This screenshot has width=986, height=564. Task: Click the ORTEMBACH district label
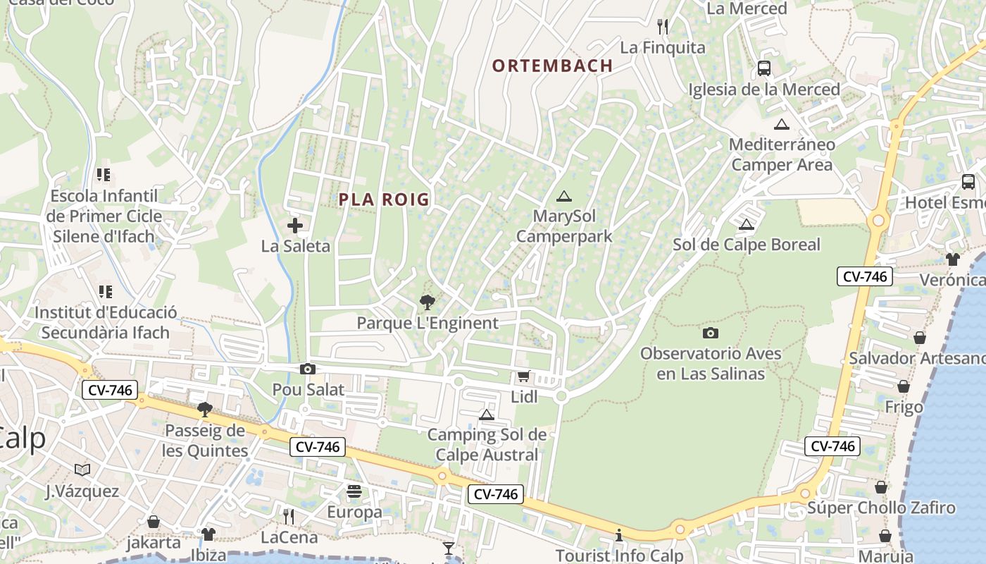pos(552,66)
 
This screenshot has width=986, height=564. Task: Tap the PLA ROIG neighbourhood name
pos(384,200)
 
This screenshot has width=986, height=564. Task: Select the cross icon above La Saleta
pos(295,226)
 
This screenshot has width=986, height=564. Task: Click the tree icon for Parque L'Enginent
pos(427,302)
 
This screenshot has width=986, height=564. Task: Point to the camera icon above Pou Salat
pos(308,369)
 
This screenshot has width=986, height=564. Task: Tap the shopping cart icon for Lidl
pos(523,376)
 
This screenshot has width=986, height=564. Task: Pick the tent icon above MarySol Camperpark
pos(563,196)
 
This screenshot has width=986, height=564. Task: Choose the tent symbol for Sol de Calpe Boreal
pos(747,224)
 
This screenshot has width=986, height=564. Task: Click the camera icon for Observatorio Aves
pos(711,333)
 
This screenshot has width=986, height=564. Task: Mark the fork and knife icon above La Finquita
pos(662,27)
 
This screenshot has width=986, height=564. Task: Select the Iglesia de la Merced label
pos(764,90)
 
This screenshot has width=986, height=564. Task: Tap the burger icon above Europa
pos(354,491)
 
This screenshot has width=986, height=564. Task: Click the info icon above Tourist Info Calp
pos(619,535)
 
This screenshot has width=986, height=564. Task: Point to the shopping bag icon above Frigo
pos(904,386)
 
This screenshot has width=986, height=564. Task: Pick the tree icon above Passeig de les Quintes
pos(205,409)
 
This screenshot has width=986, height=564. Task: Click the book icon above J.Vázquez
pos(82,470)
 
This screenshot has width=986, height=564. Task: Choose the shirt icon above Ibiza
pos(208,534)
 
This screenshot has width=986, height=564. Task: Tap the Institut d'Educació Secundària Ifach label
pos(106,322)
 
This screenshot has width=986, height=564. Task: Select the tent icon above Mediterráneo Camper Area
pos(780,125)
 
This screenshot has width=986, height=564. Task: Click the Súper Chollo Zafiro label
pos(881,508)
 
